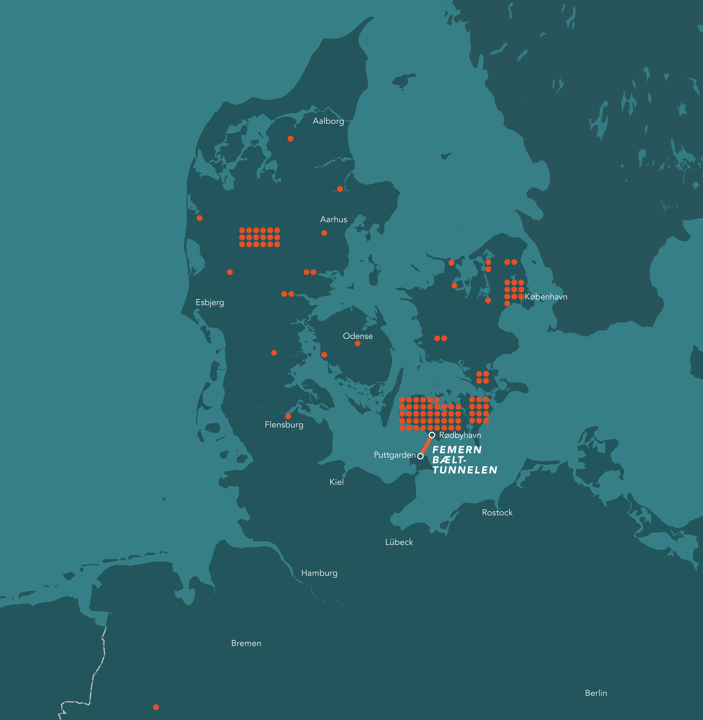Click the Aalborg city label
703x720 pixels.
point(328,121)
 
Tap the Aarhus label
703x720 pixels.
point(333,219)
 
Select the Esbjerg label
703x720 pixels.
point(210,302)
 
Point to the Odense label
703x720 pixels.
point(357,336)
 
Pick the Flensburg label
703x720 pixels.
point(284,425)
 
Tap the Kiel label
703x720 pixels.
point(336,482)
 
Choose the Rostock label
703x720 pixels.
point(497,512)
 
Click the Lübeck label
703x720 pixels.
point(399,542)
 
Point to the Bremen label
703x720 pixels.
point(246,643)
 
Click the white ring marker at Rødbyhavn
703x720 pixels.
point(432,435)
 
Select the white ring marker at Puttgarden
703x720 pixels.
point(420,456)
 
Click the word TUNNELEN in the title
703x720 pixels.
point(465,470)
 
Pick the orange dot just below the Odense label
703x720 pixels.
point(357,343)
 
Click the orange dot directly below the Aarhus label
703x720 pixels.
point(324,233)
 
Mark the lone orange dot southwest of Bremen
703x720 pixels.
point(156,707)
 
